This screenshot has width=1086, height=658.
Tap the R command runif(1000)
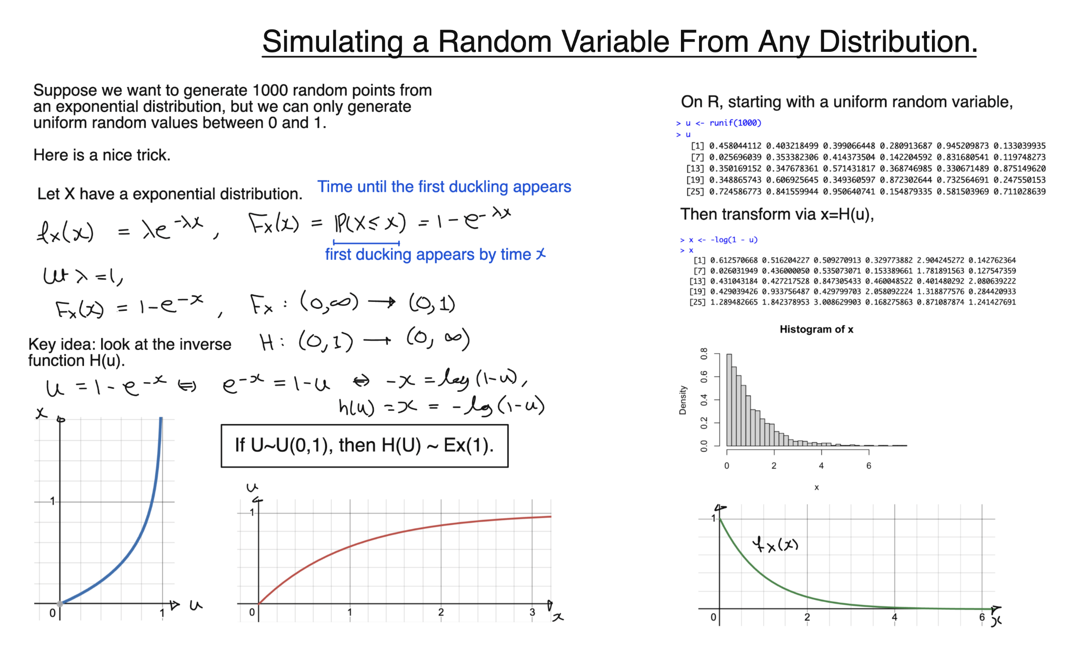[x=735, y=123]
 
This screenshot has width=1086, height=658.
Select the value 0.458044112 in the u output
[x=735, y=146]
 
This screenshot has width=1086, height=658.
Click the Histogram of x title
[x=816, y=329]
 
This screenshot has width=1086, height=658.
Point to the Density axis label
[x=682, y=400]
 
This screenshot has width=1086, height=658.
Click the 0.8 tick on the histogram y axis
[x=704, y=353]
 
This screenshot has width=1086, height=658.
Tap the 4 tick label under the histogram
[x=821, y=466]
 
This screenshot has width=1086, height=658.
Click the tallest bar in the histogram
[x=729, y=400]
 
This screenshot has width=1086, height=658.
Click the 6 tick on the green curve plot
[x=981, y=617]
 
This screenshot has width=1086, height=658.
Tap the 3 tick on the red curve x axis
[x=532, y=612]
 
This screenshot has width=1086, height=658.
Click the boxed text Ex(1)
[x=468, y=445]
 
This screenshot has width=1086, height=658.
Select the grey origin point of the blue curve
[x=60, y=604]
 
